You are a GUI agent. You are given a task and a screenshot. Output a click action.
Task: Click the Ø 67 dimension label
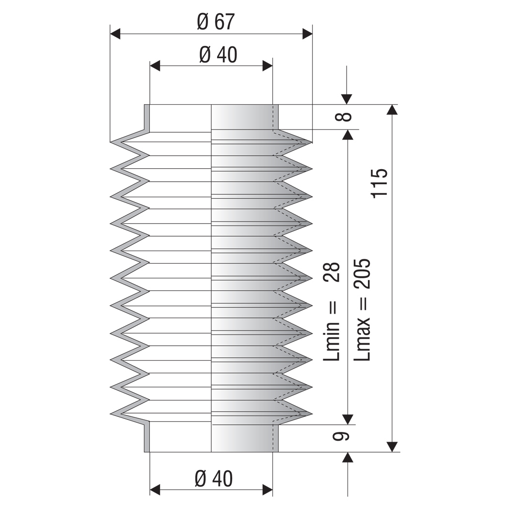tap(215, 22)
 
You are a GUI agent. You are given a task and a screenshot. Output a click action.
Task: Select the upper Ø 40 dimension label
tap(218, 54)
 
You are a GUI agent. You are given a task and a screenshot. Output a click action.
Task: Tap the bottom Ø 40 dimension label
tap(214, 478)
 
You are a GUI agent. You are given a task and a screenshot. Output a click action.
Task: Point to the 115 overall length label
tap(379, 183)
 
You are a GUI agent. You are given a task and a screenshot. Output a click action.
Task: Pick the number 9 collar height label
tap(341, 436)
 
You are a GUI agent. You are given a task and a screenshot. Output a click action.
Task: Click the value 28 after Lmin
tap(332, 271)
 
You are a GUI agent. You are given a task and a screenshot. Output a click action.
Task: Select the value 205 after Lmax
tap(362, 274)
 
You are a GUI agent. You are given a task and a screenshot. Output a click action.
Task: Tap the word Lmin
tap(332, 341)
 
